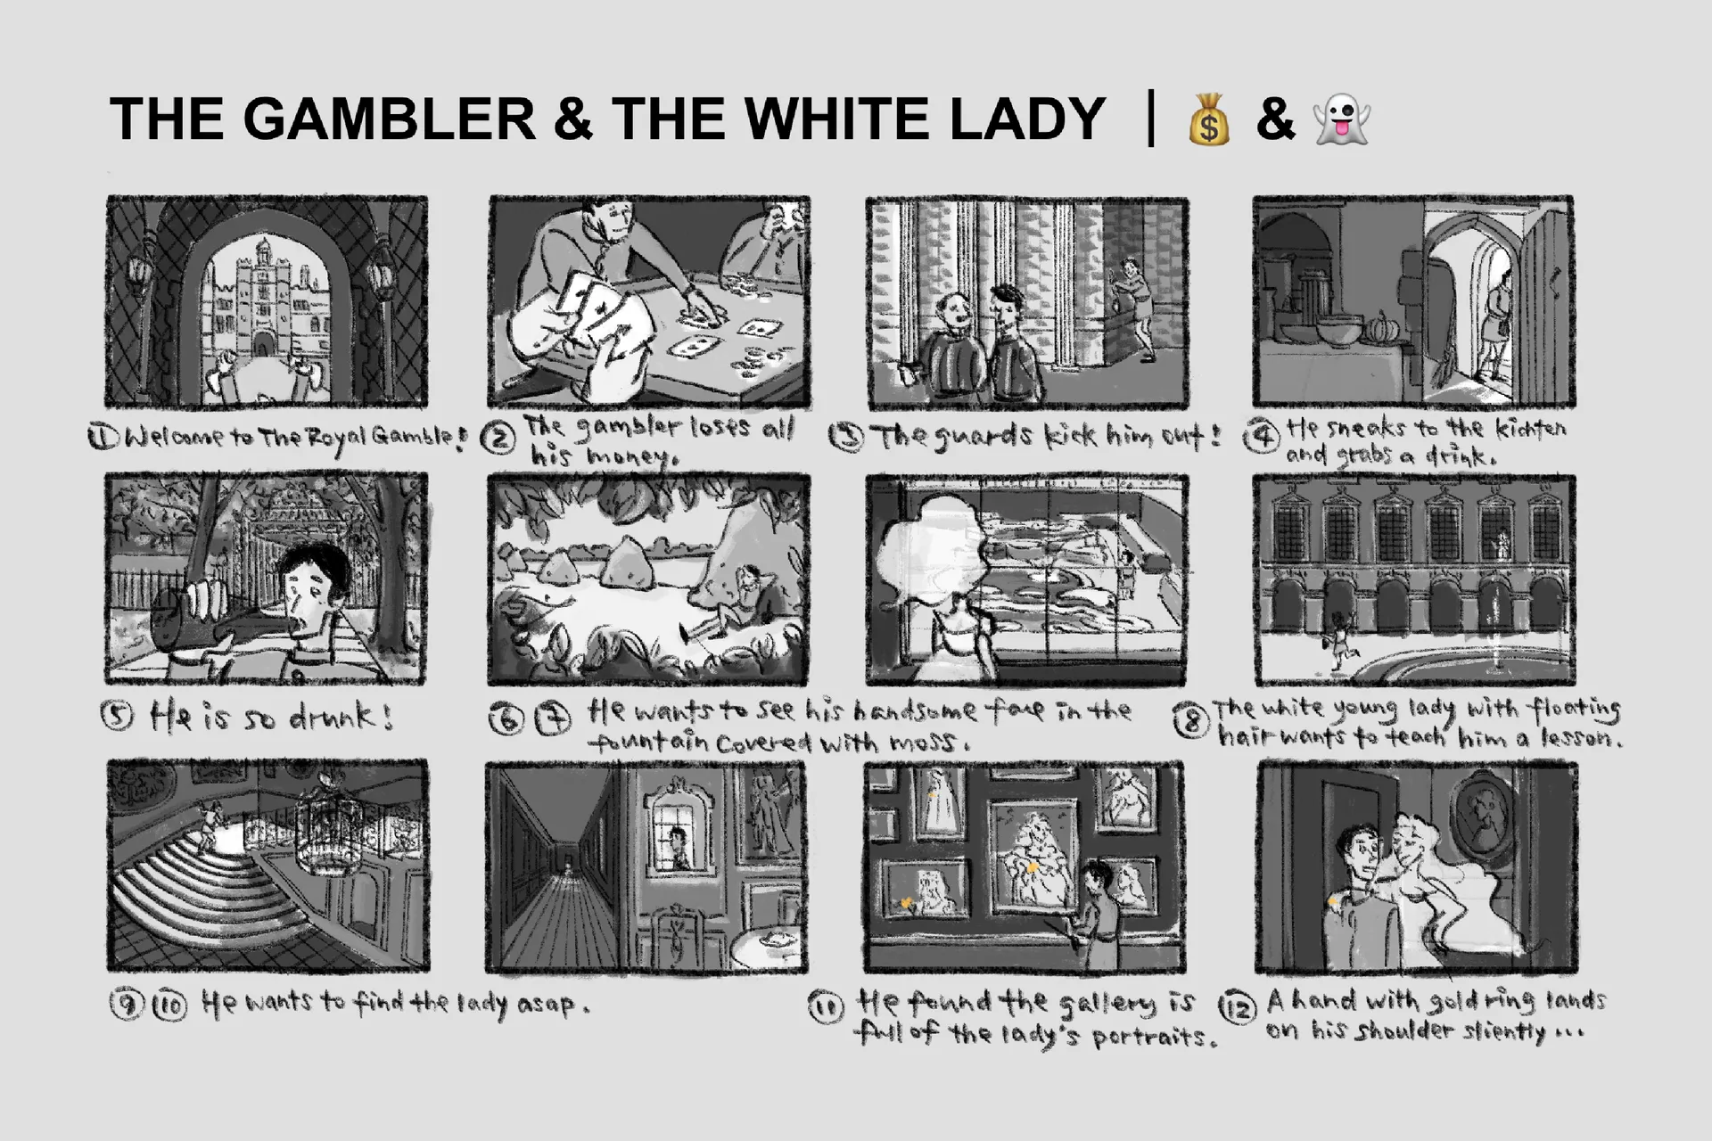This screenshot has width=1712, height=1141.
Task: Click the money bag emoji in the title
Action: coord(1209,119)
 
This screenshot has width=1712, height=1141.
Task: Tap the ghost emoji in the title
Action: coord(1341,120)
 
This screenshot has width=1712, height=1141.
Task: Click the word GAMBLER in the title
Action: coord(389,119)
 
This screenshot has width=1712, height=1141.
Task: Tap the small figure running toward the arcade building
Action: coord(1337,639)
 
